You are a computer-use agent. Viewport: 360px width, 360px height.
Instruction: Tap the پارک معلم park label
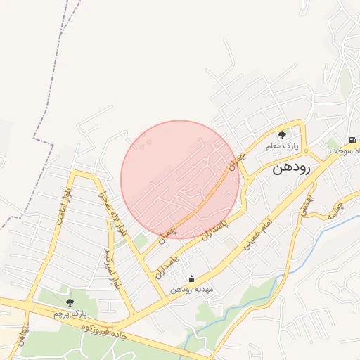tap(282, 146)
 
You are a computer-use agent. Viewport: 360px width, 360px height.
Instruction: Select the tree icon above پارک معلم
tap(282, 135)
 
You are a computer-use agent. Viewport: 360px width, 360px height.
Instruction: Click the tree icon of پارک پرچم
tap(69, 302)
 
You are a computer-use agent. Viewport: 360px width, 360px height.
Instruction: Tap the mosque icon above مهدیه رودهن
tap(191, 278)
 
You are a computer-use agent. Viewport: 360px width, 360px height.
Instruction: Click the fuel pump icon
tap(352, 140)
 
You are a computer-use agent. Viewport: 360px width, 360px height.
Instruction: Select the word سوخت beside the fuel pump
tap(349, 151)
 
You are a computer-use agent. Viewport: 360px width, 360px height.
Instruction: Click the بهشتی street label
tap(307, 205)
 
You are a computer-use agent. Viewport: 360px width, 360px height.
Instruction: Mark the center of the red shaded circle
tap(180, 179)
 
